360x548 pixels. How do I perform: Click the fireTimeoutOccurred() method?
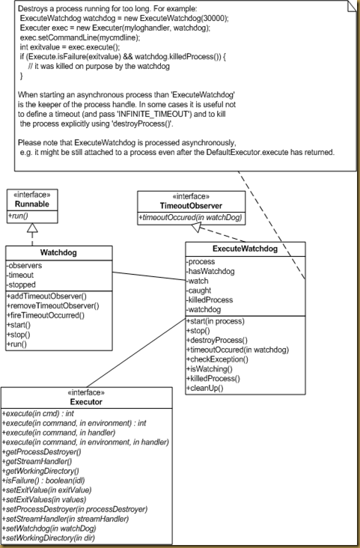46,316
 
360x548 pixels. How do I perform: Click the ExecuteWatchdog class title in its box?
245,248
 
